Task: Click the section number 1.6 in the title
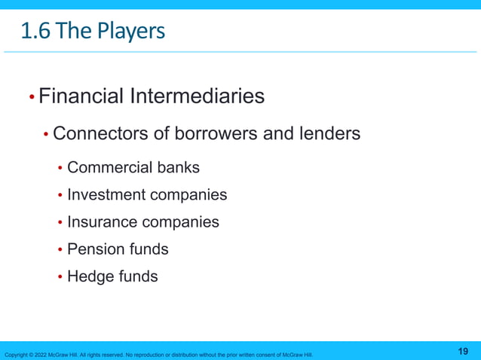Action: tap(36, 32)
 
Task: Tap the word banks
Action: tap(179, 167)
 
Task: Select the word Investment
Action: tap(106, 195)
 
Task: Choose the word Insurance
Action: tap(103, 222)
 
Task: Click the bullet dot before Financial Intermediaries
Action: tap(31, 98)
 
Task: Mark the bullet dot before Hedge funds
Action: tap(60, 277)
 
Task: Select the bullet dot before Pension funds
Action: tap(60, 250)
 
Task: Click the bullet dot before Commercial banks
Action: tap(60, 168)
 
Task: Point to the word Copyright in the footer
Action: tap(17, 355)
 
